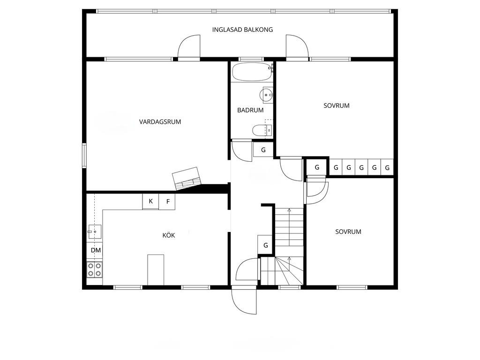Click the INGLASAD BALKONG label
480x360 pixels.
pos(242,30)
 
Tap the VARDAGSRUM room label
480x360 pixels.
pos(160,122)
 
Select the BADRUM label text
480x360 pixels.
pos(250,110)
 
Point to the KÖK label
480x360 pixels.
pos(169,235)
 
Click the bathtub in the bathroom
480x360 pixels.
pos(252,72)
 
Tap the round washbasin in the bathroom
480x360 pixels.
pos(266,95)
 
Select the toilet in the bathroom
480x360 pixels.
pos(262,131)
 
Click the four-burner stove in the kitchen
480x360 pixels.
pos(94,270)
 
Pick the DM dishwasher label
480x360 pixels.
pos(96,250)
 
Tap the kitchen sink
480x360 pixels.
pos(95,232)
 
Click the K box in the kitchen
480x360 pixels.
pos(150,202)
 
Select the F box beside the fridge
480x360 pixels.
pos(167,202)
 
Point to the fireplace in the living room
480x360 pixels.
pos(187,179)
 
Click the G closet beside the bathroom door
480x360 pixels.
pos(263,150)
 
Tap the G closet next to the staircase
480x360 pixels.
pos(265,245)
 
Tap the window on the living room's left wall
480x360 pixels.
pos(84,156)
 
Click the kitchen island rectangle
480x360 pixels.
pos(156,270)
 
